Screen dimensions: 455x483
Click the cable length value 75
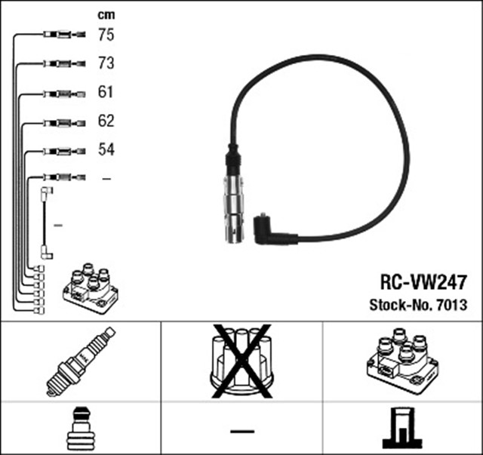tap(106, 34)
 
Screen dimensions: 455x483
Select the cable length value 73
tap(106, 63)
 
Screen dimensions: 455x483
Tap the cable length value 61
tap(106, 93)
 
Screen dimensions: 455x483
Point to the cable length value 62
tap(106, 121)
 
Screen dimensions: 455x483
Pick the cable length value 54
tap(106, 150)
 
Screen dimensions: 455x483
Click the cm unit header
tap(106, 14)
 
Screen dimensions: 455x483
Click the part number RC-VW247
tap(422, 283)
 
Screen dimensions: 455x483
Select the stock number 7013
tap(451, 306)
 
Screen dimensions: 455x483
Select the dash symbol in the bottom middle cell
tap(241, 430)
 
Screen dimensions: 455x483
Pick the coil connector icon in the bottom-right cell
tap(401, 429)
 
